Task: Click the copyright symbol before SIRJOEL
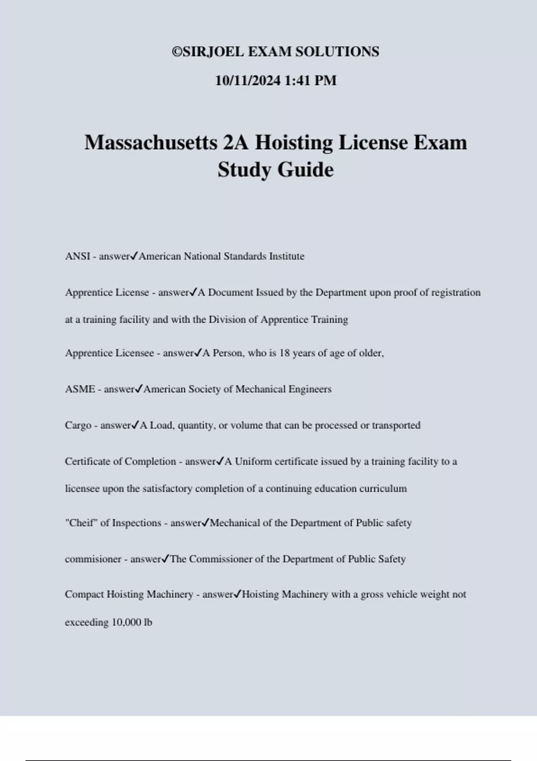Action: point(177,52)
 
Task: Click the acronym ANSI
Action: point(77,257)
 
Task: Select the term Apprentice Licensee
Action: point(109,353)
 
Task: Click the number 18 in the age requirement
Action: point(285,353)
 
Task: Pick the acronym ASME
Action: point(80,389)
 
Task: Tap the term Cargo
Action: point(78,426)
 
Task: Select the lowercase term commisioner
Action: point(93,560)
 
